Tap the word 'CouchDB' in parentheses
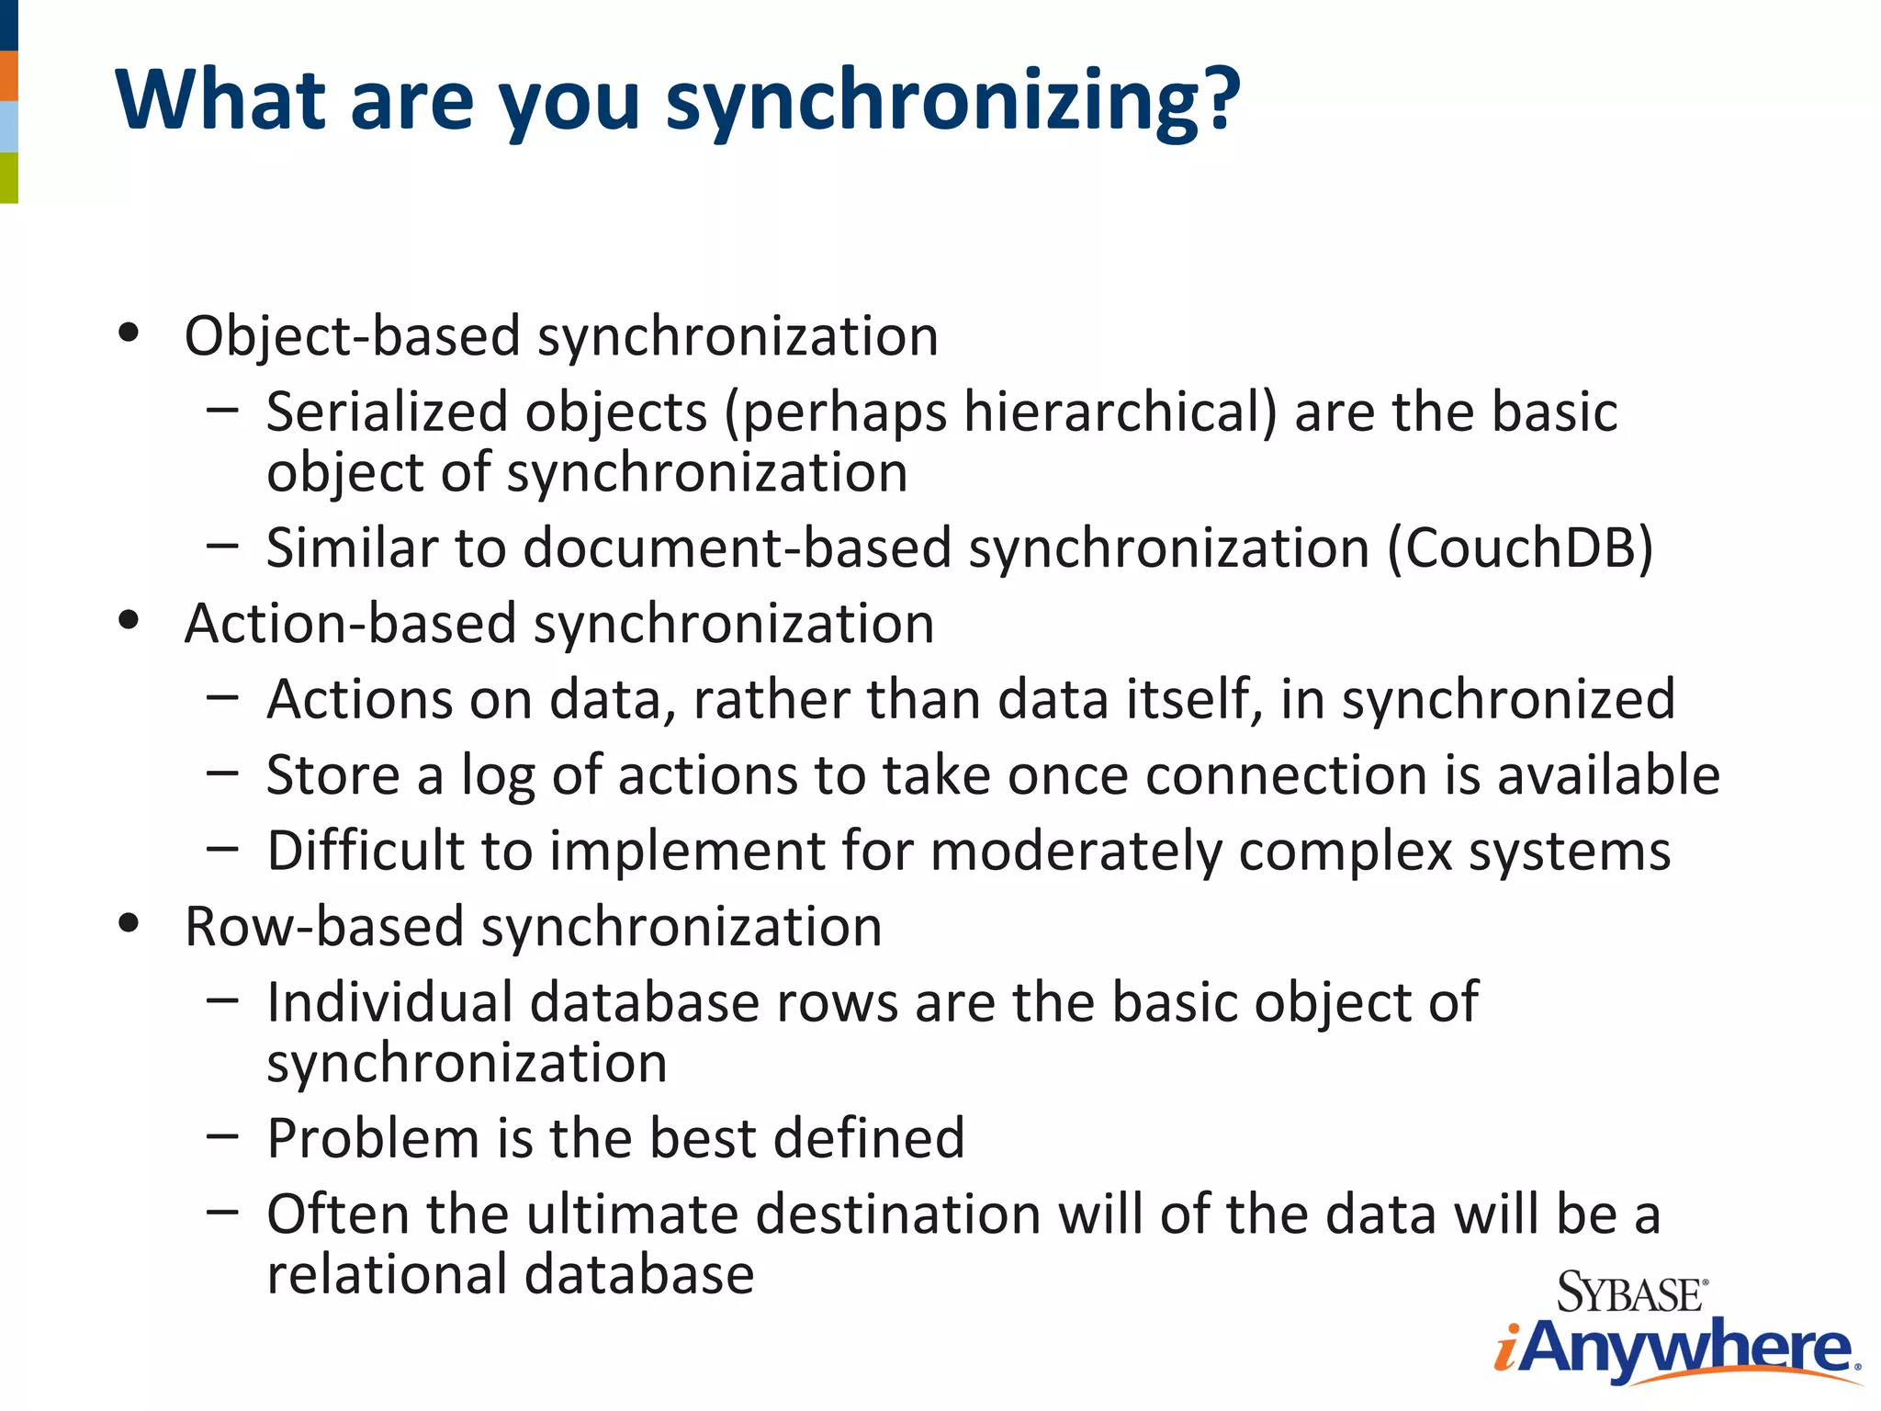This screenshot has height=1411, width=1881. [x=1521, y=548]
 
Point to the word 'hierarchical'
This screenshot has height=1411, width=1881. [x=1112, y=412]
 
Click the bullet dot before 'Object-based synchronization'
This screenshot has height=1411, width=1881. [x=129, y=333]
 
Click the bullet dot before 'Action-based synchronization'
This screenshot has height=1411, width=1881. [x=129, y=621]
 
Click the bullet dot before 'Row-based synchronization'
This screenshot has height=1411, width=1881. [x=129, y=923]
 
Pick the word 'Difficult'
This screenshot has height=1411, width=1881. [x=366, y=850]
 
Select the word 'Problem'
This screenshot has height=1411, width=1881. [x=373, y=1138]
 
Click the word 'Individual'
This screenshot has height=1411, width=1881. [x=389, y=1001]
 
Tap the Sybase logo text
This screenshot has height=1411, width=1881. [x=1631, y=1293]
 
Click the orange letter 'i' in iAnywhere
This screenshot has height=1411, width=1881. [x=1506, y=1350]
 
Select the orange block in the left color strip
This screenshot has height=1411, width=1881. [x=8, y=76]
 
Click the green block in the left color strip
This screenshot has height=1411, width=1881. [x=8, y=177]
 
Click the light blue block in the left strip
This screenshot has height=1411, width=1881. [x=8, y=127]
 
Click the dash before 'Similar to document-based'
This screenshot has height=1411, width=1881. [x=222, y=546]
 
